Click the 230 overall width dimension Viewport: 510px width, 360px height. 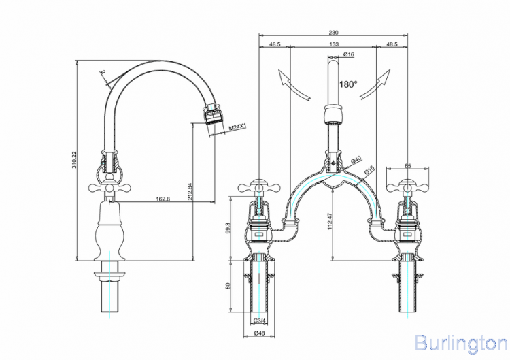click(333, 32)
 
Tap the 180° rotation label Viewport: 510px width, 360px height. click(348, 84)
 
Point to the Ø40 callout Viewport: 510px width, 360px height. click(356, 160)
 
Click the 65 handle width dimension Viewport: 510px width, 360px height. click(408, 165)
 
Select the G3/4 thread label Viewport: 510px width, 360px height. click(259, 321)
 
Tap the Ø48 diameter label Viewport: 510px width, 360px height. click(259, 333)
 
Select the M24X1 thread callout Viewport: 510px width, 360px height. click(237, 127)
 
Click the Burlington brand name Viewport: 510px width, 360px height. click(460, 342)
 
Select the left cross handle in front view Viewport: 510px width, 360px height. click(259, 185)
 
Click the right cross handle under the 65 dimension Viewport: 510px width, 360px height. click(407, 185)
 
